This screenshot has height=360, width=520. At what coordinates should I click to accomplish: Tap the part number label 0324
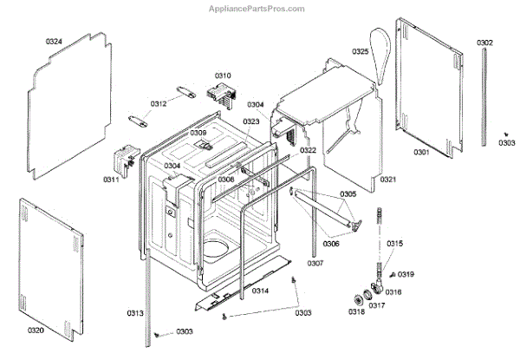pyautogui.click(x=54, y=42)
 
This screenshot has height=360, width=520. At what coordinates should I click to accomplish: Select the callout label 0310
pyautogui.click(x=223, y=75)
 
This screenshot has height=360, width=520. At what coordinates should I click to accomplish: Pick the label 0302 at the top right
pyautogui.click(x=484, y=43)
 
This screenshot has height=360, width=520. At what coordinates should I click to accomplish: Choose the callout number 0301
pyautogui.click(x=421, y=153)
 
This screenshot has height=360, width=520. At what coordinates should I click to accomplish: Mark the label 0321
pyautogui.click(x=387, y=180)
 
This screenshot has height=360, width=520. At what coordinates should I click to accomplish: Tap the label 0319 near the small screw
pyautogui.click(x=406, y=274)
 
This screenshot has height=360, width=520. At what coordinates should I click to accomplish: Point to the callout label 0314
pyautogui.click(x=260, y=291)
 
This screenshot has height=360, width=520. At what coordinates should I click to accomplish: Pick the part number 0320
pyautogui.click(x=36, y=331)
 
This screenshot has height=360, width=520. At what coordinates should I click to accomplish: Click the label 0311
pyautogui.click(x=111, y=180)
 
